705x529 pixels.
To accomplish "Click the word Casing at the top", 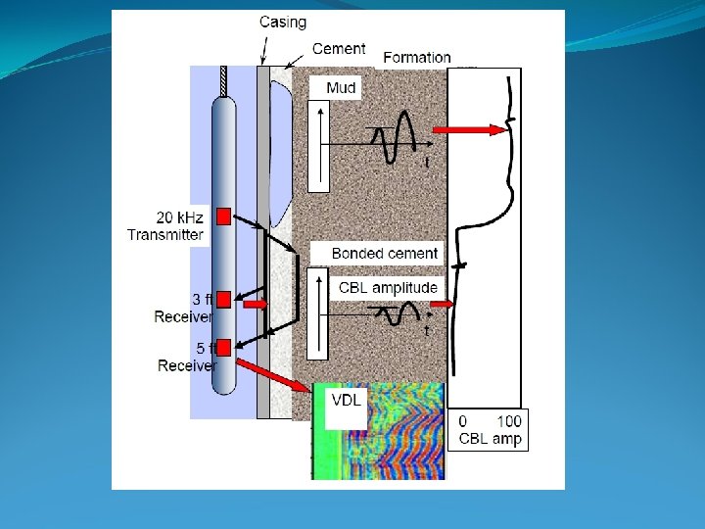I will click(282, 22).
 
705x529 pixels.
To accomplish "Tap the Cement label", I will click(339, 48).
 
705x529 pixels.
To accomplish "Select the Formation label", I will click(417, 58).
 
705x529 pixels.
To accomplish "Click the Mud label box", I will click(341, 88).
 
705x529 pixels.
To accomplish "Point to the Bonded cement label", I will click(385, 254).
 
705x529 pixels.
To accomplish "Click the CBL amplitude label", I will click(388, 287).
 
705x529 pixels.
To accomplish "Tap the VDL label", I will click(345, 401).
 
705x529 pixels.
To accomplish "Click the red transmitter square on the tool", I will click(223, 216).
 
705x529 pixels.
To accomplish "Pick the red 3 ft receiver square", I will click(223, 299).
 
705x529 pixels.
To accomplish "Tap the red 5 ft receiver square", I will click(223, 346).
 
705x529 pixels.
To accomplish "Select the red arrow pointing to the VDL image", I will click(274, 374).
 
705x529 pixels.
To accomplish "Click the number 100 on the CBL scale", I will click(508, 421).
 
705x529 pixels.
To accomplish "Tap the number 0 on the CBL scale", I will click(464, 421).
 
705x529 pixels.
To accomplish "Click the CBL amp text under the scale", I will click(491, 438).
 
